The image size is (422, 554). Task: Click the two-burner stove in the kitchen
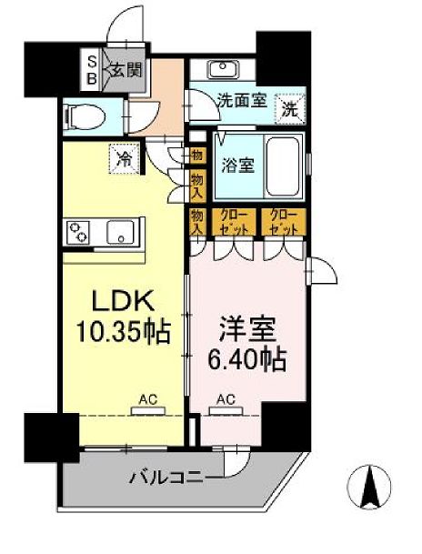pos(76,233)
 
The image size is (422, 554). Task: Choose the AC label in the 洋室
pos(226,398)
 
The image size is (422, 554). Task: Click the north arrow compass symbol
pos(370,498)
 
